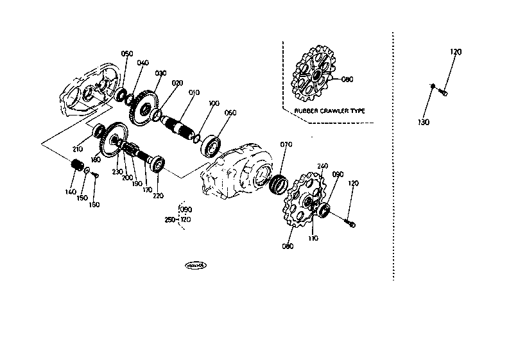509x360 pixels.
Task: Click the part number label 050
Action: [x=127, y=54]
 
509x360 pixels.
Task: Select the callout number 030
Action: [x=160, y=73]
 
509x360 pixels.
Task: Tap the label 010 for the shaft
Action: [x=194, y=92]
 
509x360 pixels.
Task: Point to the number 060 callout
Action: [x=230, y=113]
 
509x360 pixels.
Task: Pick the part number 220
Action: [x=157, y=196]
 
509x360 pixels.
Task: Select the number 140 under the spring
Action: [x=71, y=191]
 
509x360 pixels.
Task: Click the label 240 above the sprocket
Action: [x=322, y=166]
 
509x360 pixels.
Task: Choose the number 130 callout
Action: [x=424, y=122]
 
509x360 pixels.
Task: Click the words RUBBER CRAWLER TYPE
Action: [x=329, y=110]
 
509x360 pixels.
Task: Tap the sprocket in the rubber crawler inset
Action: [x=315, y=77]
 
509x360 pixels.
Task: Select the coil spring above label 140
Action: [x=77, y=165]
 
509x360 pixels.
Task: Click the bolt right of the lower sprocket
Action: [x=350, y=223]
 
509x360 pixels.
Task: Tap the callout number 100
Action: [x=214, y=103]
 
